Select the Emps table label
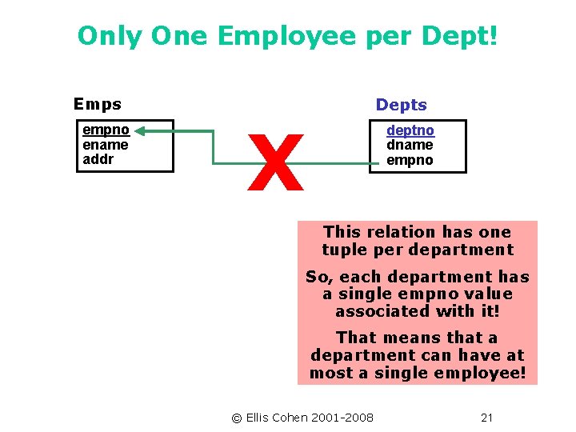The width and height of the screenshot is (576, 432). click(x=97, y=104)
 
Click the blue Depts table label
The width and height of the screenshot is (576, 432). click(x=402, y=105)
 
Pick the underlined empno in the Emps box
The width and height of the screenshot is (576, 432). click(x=106, y=130)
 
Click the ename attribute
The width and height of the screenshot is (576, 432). click(x=106, y=144)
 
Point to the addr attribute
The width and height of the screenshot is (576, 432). click(x=98, y=158)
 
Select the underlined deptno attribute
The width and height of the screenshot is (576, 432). click(x=410, y=130)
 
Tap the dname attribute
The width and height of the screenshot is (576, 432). click(x=410, y=145)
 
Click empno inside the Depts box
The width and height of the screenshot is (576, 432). click(x=410, y=159)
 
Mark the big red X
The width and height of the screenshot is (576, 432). click(x=276, y=164)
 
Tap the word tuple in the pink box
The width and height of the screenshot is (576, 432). click(x=342, y=250)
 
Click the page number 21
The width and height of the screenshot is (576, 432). click(x=486, y=418)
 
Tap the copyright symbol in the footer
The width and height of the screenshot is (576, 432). click(x=236, y=418)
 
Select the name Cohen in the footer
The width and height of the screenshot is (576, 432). click(x=293, y=418)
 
